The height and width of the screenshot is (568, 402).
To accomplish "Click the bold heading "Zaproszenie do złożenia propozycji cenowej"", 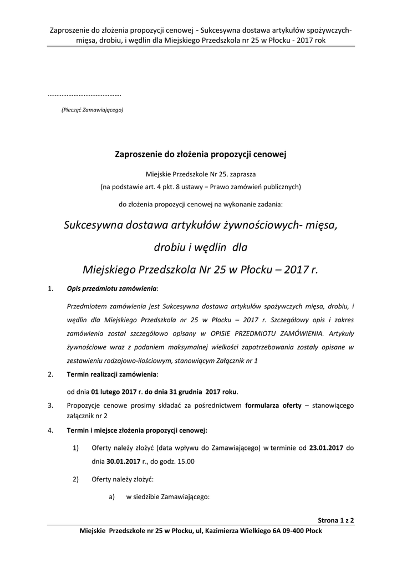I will coord(201,154).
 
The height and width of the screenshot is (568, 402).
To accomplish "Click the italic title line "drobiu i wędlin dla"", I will coord(201,248).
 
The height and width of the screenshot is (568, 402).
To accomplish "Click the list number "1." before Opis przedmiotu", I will coord(50,289).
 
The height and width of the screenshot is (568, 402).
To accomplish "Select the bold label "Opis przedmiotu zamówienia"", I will coord(112,289).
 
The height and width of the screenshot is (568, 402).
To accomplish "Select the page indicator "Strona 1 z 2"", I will coord(336,521).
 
